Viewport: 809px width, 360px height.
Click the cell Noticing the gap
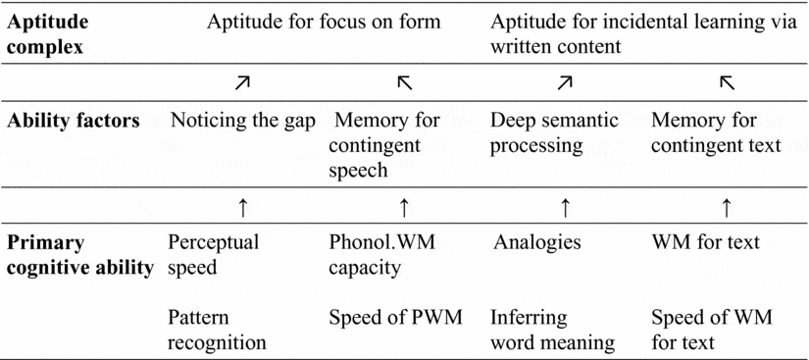(x=243, y=121)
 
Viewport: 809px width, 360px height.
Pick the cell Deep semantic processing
(x=553, y=132)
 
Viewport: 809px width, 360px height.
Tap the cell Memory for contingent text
(x=716, y=132)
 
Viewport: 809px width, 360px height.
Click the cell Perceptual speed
(x=213, y=255)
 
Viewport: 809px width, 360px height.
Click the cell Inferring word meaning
(x=552, y=331)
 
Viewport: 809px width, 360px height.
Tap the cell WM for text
(x=705, y=243)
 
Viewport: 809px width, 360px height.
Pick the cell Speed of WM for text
(x=711, y=331)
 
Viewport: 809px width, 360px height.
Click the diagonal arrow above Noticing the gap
(x=242, y=84)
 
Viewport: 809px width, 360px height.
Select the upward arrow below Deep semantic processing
(x=564, y=207)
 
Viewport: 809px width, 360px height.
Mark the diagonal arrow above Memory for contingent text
(x=726, y=84)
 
